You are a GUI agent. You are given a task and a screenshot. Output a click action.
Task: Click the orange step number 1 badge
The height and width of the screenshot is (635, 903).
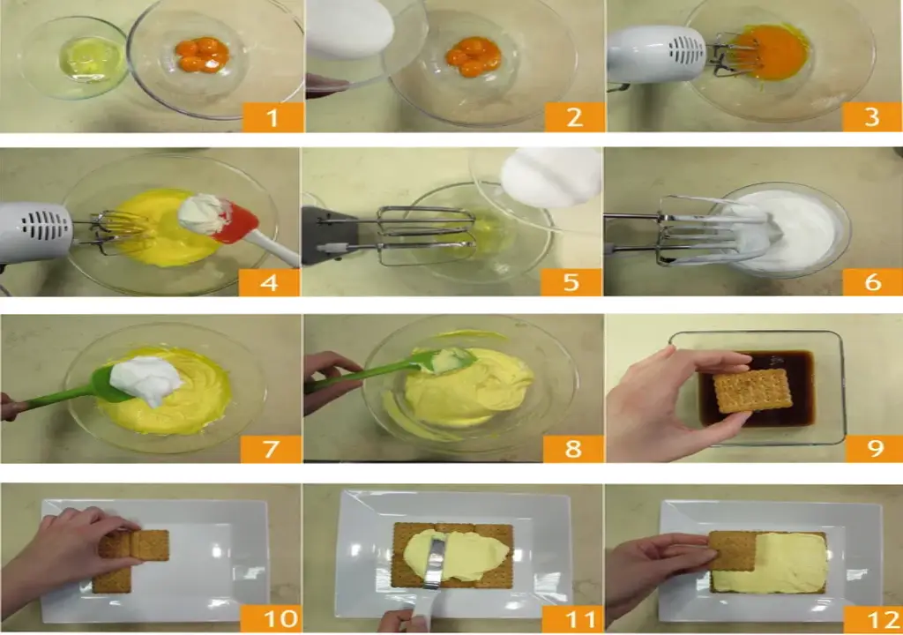(273, 118)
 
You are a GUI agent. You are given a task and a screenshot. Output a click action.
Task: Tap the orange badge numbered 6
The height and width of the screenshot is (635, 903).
(872, 282)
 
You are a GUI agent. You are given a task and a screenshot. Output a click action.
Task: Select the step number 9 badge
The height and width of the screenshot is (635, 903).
(874, 448)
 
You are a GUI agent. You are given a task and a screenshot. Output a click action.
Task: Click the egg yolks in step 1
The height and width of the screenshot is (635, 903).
(202, 56)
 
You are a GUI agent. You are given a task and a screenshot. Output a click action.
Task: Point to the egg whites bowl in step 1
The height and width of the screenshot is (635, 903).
(73, 57)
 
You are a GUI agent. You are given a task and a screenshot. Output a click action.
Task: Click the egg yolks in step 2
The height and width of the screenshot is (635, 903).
(474, 56)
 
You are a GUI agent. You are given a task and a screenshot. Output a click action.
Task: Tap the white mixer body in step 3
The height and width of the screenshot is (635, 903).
(656, 54)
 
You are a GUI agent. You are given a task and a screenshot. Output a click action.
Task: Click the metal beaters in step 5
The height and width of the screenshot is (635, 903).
(426, 236)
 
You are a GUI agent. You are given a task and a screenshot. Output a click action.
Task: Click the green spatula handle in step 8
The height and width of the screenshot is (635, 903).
(362, 377)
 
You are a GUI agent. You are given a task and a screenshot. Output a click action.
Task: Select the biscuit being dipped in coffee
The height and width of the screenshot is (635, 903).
(752, 391)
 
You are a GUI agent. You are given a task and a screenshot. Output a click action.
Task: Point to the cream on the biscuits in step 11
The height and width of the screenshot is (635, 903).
(456, 555)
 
